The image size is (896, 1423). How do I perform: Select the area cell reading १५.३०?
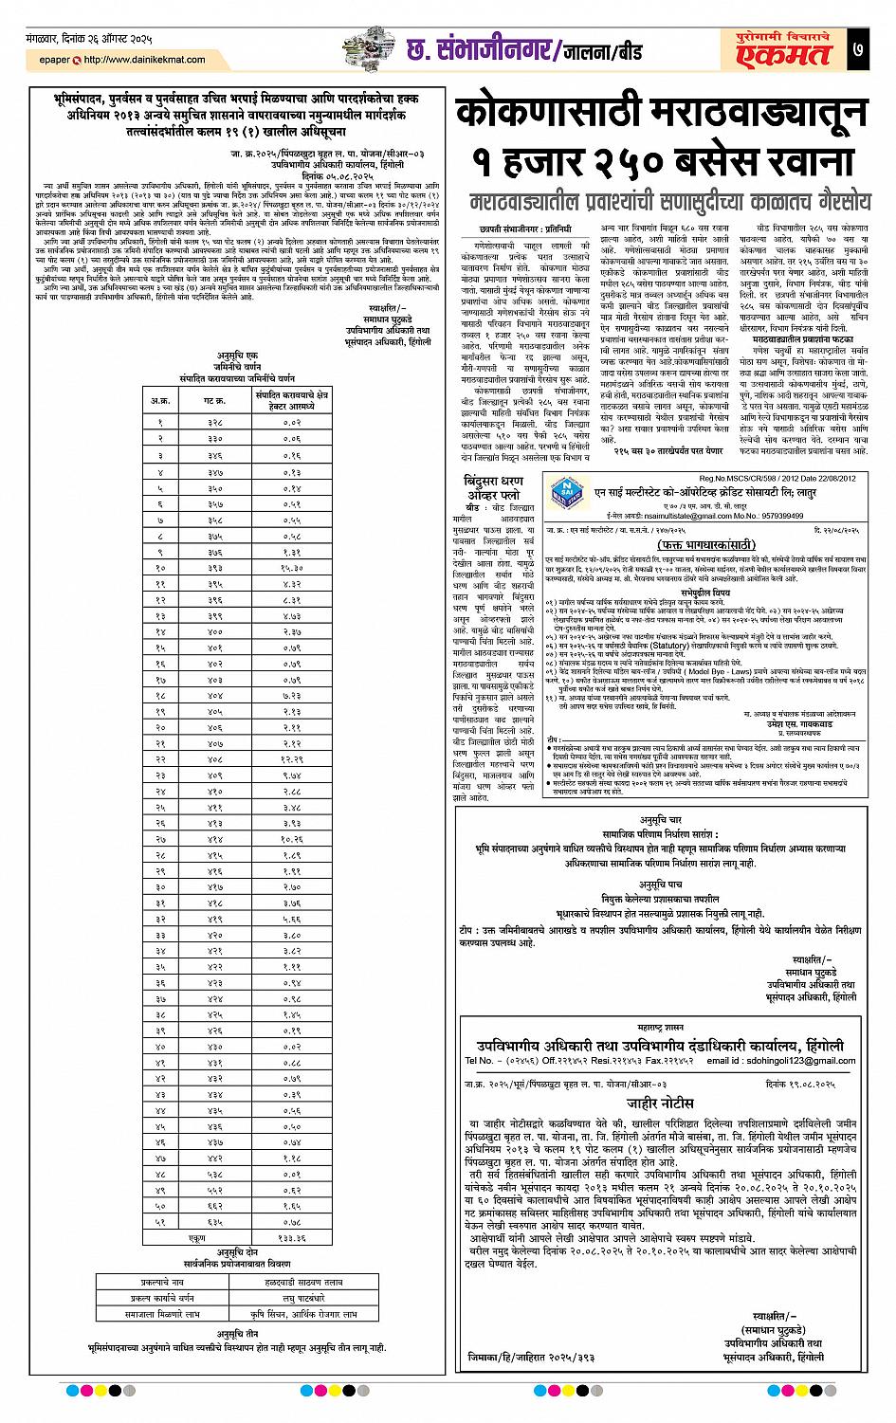[x=291, y=567]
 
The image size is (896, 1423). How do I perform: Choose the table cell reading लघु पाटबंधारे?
[x=291, y=1298]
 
